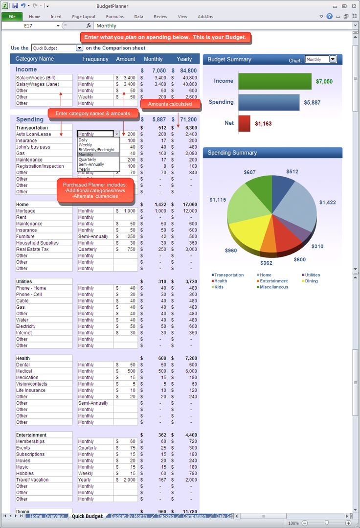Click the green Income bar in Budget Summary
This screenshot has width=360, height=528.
point(275,81)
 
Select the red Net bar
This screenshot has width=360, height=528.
point(245,123)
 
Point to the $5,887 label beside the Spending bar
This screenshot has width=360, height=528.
point(313,102)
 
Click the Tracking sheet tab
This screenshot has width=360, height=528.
point(165,516)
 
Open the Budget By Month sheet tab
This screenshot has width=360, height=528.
point(129,516)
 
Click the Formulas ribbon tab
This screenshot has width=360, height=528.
point(115,17)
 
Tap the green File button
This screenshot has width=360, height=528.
point(12,17)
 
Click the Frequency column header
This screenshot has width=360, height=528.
point(95,59)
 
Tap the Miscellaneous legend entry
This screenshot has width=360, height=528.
point(274,287)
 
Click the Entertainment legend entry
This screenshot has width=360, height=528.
point(274,281)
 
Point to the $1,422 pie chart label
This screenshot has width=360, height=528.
point(327,202)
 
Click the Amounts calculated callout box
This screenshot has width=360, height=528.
point(170,104)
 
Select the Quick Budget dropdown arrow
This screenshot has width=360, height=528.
point(79,48)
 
